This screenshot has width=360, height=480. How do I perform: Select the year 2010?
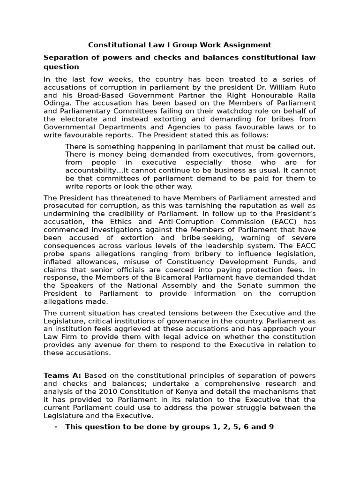(x=110, y=392)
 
